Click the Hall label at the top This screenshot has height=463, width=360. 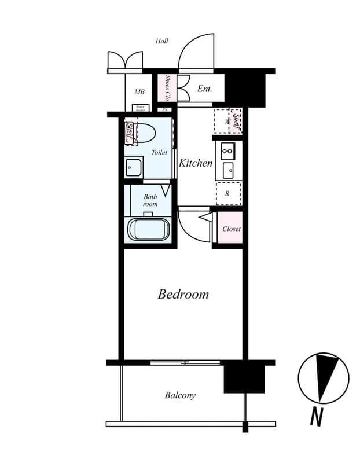pyautogui.click(x=161, y=41)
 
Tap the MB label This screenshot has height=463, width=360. pyautogui.click(x=139, y=91)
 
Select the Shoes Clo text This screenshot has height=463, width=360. pyautogui.click(x=167, y=88)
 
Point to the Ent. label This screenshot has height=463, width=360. pyautogui.click(x=204, y=89)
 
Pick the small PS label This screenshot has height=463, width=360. pyautogui.click(x=166, y=109)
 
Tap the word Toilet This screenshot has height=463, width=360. pyautogui.click(x=159, y=153)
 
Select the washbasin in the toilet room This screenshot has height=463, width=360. pyautogui.click(x=134, y=167)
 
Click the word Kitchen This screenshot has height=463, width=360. pyautogui.click(x=196, y=163)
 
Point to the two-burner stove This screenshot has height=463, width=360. pyautogui.click(x=227, y=152)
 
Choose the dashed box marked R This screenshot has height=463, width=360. pyautogui.click(x=227, y=194)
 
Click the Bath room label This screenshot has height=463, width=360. pyautogui.click(x=150, y=200)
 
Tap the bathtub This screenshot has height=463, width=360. pyautogui.click(x=148, y=229)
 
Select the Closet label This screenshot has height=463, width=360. pyautogui.click(x=232, y=229)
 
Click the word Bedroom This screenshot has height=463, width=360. pyautogui.click(x=183, y=294)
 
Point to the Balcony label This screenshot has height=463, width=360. pyautogui.click(x=180, y=395)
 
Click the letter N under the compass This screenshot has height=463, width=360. pyautogui.click(x=316, y=417)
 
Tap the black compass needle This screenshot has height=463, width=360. pyautogui.click(x=326, y=375)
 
